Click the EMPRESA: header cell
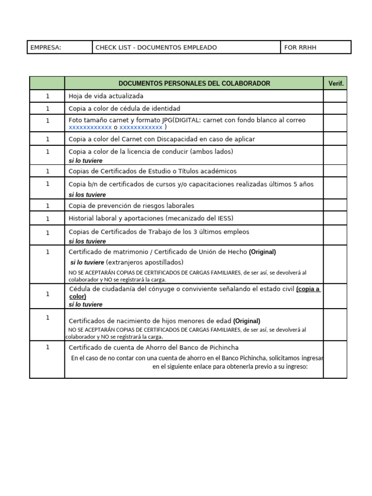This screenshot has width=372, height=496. (46, 47)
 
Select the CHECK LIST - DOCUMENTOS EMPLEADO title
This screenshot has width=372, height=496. (156, 47)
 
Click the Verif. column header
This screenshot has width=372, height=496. (336, 83)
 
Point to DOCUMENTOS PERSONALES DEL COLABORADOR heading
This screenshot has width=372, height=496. (194, 83)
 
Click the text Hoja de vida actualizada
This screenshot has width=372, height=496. (106, 96)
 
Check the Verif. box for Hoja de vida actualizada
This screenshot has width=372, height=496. (335, 96)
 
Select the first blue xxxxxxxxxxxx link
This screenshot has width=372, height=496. (90, 127)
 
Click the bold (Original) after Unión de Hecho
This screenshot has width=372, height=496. (262, 252)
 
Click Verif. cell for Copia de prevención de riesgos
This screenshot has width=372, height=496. (335, 205)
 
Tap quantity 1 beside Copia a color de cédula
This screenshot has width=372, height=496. (47, 108)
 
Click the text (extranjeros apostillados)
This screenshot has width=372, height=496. (145, 262)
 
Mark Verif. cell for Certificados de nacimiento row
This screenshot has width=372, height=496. (335, 325)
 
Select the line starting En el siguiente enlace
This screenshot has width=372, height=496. (230, 367)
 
